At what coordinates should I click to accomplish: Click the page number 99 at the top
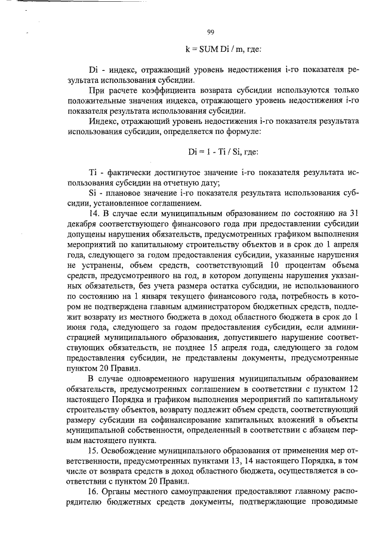point(210,32)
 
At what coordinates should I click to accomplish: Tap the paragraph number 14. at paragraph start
point(94,213)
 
